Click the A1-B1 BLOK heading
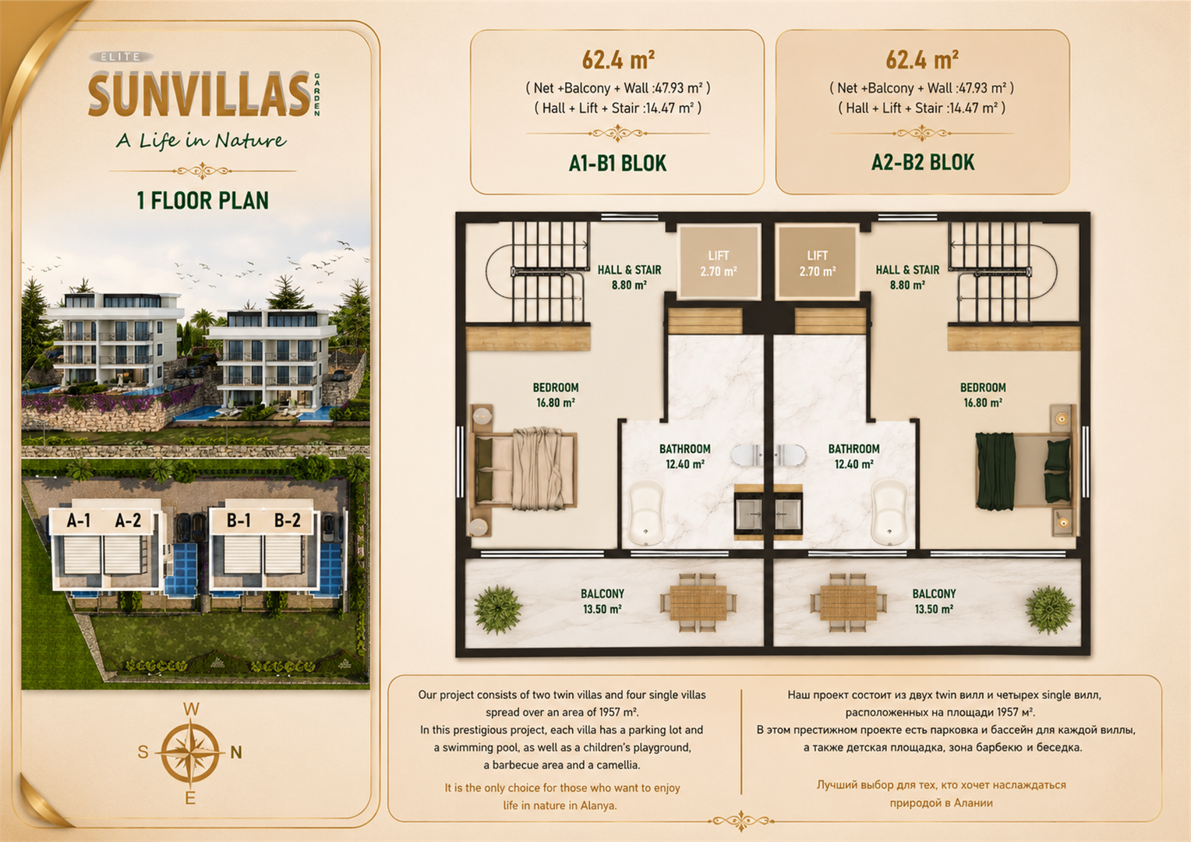click(x=617, y=163)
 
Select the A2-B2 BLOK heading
click(x=923, y=163)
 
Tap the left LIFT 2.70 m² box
click(x=719, y=263)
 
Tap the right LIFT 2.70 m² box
click(x=817, y=263)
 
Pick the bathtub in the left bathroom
click(x=647, y=513)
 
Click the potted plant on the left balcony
click(x=497, y=610)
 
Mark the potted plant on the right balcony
click(x=1050, y=610)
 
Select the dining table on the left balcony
click(x=698, y=603)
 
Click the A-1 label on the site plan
click(x=78, y=520)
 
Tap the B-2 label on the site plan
click(x=287, y=520)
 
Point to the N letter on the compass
click(x=236, y=752)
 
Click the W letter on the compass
click(x=191, y=709)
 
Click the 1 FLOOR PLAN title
click(x=203, y=200)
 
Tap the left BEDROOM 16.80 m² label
click(x=556, y=395)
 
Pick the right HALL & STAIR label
click(x=907, y=277)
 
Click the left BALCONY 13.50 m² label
click(x=603, y=601)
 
